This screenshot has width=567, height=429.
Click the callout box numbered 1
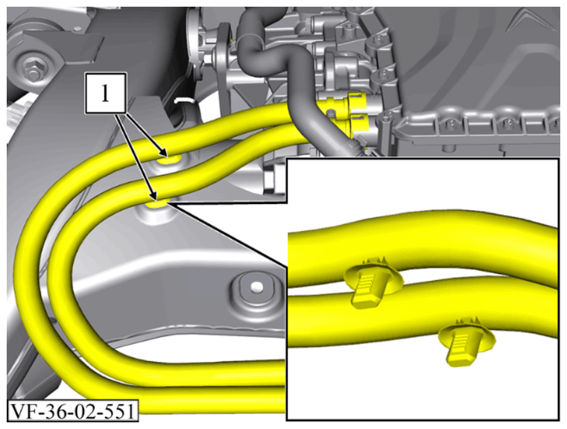point(106,93)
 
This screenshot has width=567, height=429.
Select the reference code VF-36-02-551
point(73,411)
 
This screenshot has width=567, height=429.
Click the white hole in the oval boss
point(257,287)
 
